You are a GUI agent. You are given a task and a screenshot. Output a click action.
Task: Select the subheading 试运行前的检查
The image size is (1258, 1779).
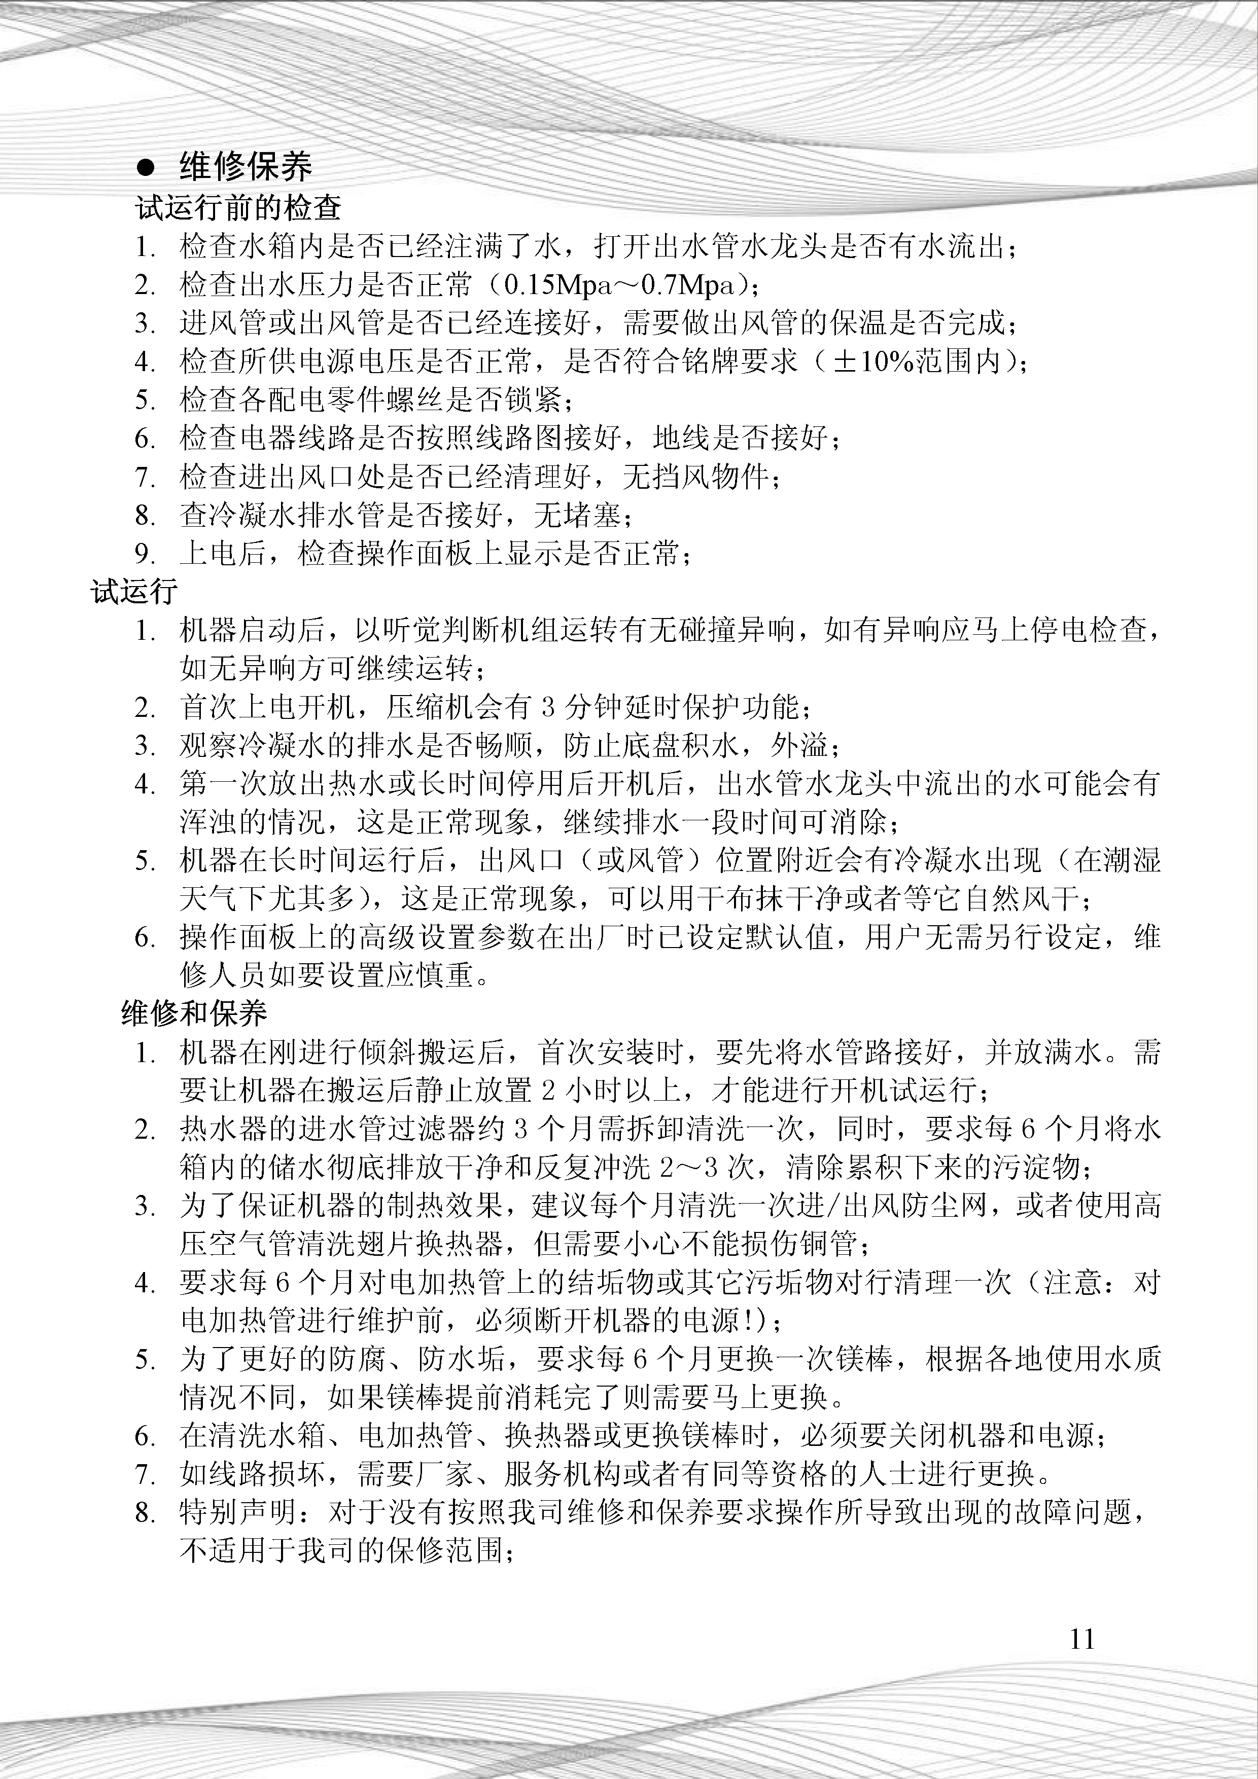coord(239,208)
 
